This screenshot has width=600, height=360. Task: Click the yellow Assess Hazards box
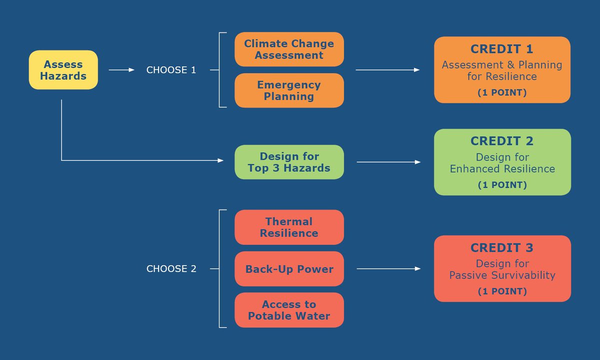63,70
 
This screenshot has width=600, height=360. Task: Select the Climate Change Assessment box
289,49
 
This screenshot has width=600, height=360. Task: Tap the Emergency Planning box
289,90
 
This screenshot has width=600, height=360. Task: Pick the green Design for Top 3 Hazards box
289,162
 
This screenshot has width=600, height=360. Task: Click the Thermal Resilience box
289,227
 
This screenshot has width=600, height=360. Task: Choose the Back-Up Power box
289,269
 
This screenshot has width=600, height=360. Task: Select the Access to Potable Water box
289,310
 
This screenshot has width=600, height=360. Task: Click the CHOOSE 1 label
171,70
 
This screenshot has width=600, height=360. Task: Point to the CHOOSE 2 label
171,269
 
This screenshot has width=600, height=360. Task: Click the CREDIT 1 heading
502,49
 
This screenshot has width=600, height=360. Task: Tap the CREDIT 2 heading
502,141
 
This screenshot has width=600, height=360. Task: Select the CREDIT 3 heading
502,247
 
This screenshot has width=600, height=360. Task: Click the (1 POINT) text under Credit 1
502,92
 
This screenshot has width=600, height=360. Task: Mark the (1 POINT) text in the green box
502,185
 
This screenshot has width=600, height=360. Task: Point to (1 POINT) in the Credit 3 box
502,291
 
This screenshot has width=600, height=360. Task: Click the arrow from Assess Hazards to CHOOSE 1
121,70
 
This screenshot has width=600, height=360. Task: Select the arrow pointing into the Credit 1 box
387,70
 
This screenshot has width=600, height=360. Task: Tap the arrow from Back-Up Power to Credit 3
388,269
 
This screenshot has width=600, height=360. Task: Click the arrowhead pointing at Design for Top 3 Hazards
220,160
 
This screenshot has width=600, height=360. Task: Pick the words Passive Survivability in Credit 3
502,275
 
